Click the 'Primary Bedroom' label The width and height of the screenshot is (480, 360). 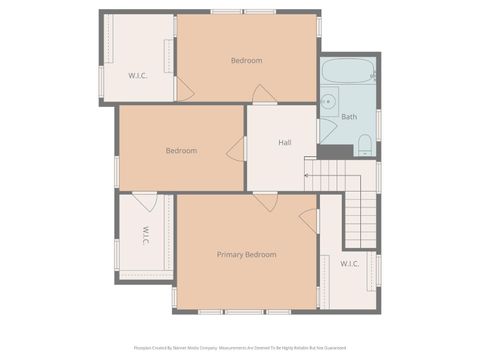pyautogui.click(x=246, y=255)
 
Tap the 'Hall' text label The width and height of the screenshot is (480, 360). pyautogui.click(x=285, y=143)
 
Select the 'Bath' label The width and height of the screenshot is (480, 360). pyautogui.click(x=349, y=117)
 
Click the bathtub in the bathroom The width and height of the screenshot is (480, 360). pyautogui.click(x=347, y=73)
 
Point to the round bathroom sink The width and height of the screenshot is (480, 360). pyautogui.click(x=328, y=101)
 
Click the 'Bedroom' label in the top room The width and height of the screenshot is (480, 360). pyautogui.click(x=246, y=61)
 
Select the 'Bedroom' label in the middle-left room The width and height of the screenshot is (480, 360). pyautogui.click(x=181, y=151)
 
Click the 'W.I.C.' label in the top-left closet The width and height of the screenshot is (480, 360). pyautogui.click(x=138, y=76)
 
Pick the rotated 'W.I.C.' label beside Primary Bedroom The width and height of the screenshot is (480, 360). pyautogui.click(x=145, y=238)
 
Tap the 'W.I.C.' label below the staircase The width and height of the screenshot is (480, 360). pyautogui.click(x=350, y=264)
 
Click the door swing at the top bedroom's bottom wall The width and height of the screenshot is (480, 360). pyautogui.click(x=263, y=95)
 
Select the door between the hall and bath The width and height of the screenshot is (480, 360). pyautogui.click(x=326, y=130)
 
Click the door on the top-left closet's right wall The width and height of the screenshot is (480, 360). pyautogui.click(x=183, y=89)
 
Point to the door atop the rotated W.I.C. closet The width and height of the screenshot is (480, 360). pyautogui.click(x=146, y=201)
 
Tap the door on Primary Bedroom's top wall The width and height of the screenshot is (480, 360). pyautogui.click(x=265, y=202)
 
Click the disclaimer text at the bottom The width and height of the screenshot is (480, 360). pyautogui.click(x=240, y=348)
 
